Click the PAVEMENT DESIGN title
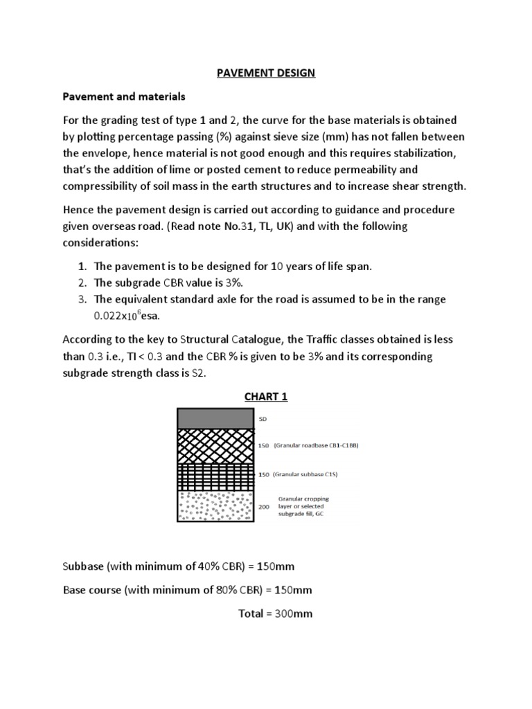pos(266,73)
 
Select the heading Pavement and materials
pos(125,96)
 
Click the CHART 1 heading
pos(265,397)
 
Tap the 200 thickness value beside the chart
pos(264,507)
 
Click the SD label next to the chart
pos(263,419)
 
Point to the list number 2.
pos(81,282)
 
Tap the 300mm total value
pos(294,613)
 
